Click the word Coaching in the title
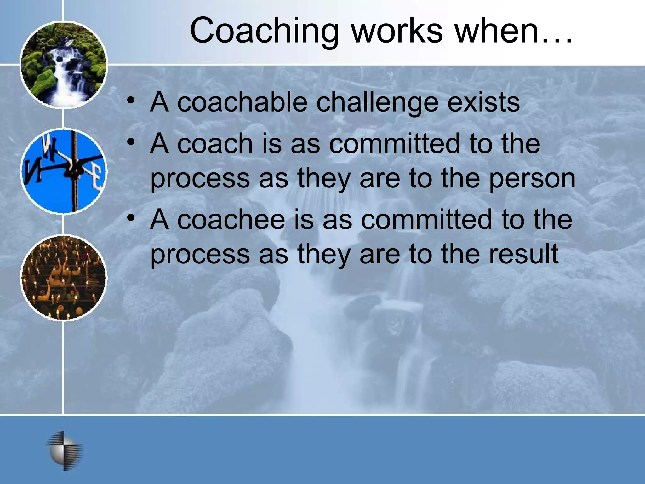264,31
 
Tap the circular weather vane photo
64,172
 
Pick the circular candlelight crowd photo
64,278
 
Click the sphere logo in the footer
65,451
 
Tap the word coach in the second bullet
215,144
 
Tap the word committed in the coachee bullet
426,220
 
